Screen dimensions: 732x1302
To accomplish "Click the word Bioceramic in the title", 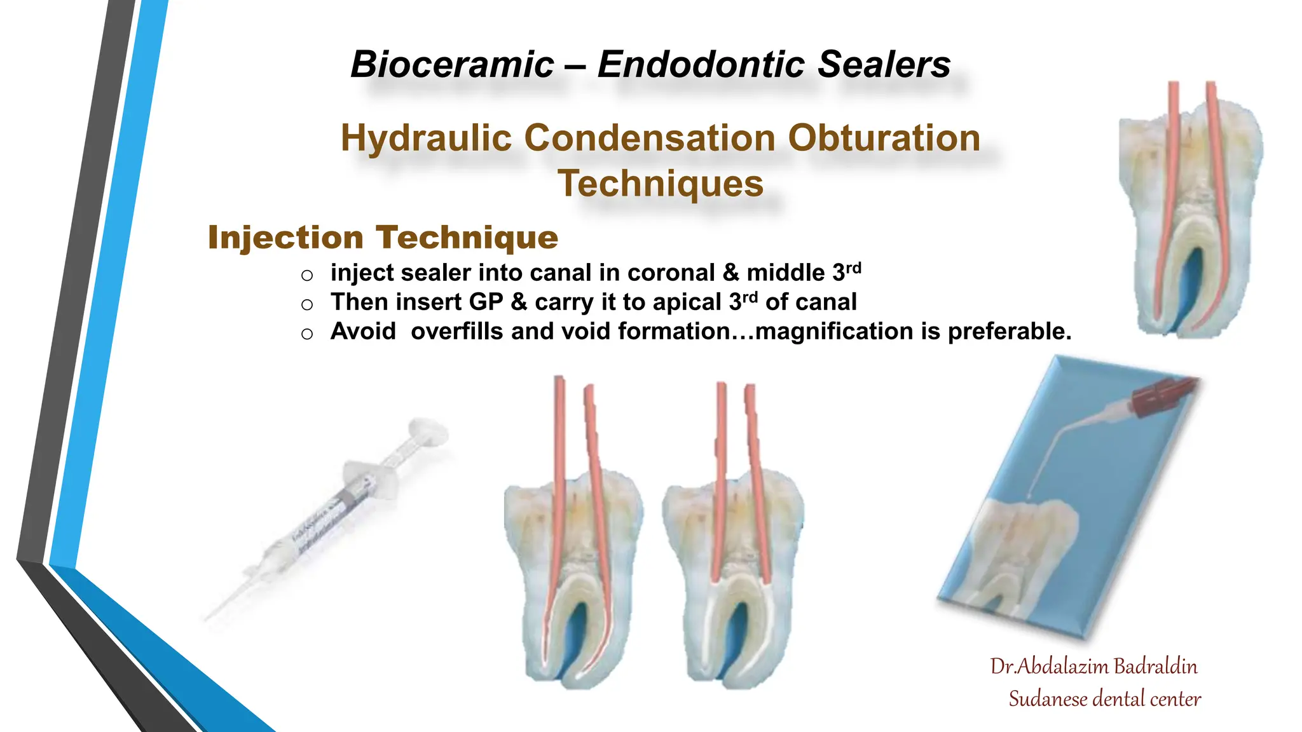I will [452, 65].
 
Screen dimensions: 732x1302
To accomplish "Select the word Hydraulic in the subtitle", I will [426, 138].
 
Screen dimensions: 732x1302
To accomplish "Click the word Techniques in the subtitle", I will [661, 184].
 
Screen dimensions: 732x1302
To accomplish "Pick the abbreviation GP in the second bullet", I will [486, 302].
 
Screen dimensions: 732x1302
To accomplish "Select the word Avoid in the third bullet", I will [362, 332].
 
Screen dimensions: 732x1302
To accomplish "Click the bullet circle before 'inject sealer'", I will [307, 275].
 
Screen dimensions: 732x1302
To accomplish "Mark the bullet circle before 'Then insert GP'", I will [307, 304].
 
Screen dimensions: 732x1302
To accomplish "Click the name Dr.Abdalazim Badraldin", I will [1093, 666].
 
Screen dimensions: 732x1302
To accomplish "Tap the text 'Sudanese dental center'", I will [1104, 699].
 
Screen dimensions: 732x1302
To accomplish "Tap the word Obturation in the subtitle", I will [884, 138].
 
